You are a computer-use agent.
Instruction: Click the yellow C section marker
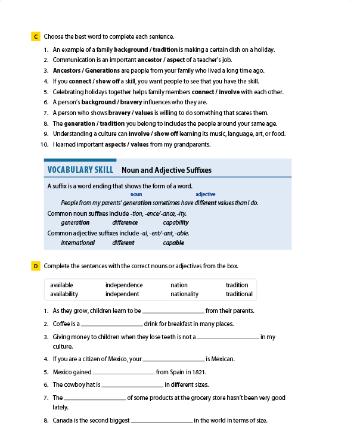(x=35, y=37)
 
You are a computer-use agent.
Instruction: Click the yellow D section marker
(x=35, y=266)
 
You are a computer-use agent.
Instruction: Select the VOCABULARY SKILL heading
(x=80, y=170)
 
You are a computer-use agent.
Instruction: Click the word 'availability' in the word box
(x=64, y=294)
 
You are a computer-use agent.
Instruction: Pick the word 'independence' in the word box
(x=124, y=285)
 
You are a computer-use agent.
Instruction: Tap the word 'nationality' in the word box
(x=184, y=294)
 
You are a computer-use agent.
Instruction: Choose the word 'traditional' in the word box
(x=239, y=294)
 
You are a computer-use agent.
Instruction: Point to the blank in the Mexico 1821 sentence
(x=124, y=373)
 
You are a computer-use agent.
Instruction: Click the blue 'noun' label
(x=136, y=194)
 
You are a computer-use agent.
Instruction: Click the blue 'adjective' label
(x=205, y=194)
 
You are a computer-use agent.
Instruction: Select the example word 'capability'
(x=176, y=222)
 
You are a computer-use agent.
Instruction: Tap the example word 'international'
(x=78, y=243)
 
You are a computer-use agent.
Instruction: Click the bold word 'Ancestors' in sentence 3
(x=67, y=70)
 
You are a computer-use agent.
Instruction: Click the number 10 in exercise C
(x=44, y=144)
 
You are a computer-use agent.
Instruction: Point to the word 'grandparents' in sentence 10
(x=191, y=144)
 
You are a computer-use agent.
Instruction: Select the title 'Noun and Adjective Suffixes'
(x=166, y=170)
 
